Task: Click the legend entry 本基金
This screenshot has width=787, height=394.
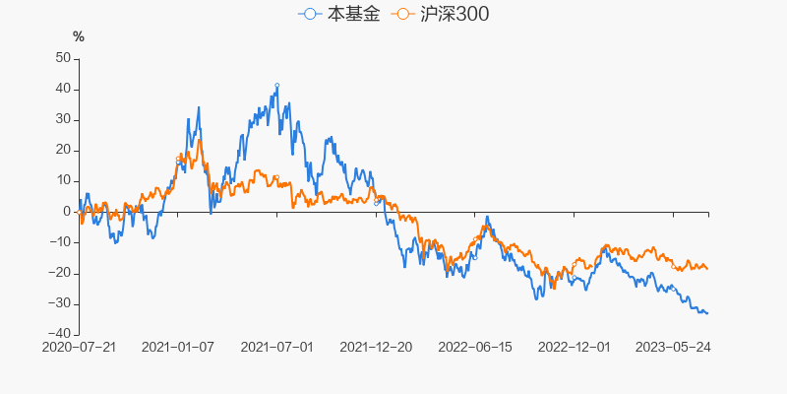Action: point(338,15)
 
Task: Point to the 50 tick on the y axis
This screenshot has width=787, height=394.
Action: point(63,58)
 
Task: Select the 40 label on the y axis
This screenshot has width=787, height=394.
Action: point(63,89)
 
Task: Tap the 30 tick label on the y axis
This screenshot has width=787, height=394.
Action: point(63,119)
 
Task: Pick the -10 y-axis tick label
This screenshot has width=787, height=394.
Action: point(60,242)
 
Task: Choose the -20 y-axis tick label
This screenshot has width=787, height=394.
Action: point(60,273)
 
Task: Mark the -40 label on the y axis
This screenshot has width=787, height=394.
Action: point(60,334)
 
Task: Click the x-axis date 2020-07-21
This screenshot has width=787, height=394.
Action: point(80,347)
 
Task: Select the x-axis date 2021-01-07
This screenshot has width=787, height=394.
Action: point(178,347)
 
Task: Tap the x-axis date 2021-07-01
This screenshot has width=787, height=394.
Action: point(277,347)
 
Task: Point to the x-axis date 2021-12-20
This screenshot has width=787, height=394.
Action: point(376,347)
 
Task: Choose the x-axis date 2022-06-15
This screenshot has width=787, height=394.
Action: point(475,347)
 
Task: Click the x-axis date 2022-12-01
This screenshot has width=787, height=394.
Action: point(575,347)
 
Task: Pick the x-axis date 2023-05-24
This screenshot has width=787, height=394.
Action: point(673,347)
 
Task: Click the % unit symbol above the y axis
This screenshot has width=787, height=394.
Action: point(79,37)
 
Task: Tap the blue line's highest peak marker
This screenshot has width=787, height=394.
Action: point(277,86)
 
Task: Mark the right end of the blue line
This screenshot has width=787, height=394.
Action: point(708,313)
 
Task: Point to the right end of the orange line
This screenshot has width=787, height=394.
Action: point(708,269)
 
